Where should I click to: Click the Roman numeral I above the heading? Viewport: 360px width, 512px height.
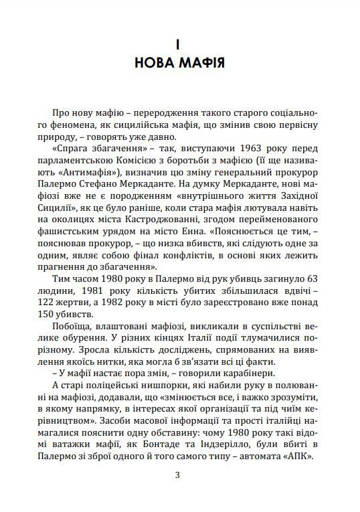pyautogui.click(x=179, y=45)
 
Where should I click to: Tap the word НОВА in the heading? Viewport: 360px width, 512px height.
pyautogui.click(x=157, y=64)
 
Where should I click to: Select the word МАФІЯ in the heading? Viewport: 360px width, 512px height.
pyautogui.click(x=201, y=64)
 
